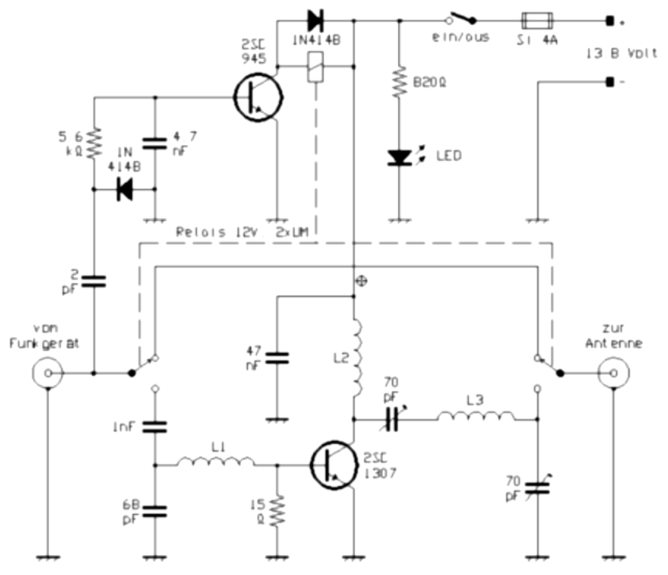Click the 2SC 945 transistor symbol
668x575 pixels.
(258, 97)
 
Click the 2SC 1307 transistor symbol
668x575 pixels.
(333, 465)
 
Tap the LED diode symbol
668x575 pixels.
(399, 157)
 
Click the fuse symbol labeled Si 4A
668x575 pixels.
(537, 21)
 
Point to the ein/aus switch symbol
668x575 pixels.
(462, 19)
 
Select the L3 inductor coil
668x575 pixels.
(476, 416)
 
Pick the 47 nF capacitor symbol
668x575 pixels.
(277, 358)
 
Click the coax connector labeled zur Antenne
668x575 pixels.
(614, 373)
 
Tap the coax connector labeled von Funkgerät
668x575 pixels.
(48, 373)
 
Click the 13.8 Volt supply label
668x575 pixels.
(621, 53)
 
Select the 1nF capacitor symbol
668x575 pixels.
(155, 427)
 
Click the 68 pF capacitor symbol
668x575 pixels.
(155, 511)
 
